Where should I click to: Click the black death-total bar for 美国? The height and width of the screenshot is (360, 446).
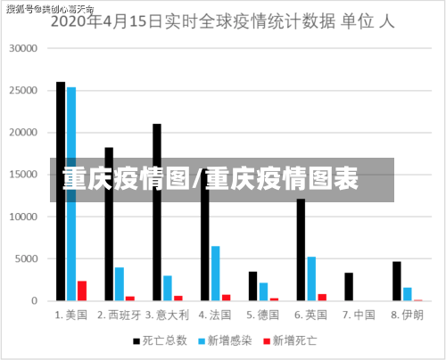(x=61, y=191)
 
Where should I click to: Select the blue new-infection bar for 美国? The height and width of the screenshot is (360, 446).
(x=71, y=193)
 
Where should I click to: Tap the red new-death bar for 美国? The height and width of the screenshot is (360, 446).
(x=82, y=290)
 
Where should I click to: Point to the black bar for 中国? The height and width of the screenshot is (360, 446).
(x=350, y=286)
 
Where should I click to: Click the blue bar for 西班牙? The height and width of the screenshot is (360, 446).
(x=120, y=283)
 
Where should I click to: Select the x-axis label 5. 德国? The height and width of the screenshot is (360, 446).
(x=264, y=315)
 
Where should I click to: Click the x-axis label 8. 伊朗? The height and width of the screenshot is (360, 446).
(x=408, y=315)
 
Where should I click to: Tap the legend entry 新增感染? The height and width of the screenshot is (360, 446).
(x=229, y=340)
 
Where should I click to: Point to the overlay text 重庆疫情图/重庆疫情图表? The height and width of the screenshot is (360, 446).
(x=211, y=180)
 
